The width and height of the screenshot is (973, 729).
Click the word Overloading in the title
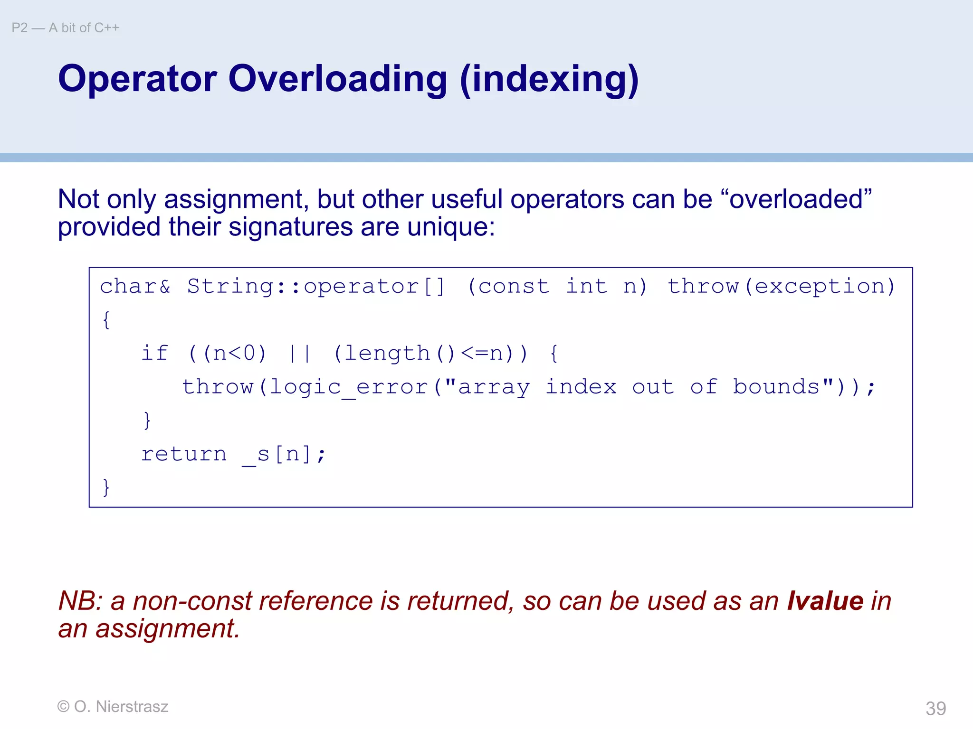click(x=337, y=79)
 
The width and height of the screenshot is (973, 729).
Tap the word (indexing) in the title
click(x=549, y=79)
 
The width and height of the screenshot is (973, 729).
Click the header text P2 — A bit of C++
click(x=65, y=28)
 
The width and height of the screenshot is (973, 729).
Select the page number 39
click(x=935, y=708)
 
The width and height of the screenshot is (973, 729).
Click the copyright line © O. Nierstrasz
click(x=113, y=707)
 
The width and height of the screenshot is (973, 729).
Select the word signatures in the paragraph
click(x=290, y=227)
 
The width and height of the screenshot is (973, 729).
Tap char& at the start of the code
click(x=135, y=286)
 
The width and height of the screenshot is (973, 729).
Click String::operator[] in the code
click(x=316, y=286)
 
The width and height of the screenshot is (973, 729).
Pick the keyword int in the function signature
click(x=586, y=286)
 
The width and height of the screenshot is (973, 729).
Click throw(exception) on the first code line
click(x=781, y=286)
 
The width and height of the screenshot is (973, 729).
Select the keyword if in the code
click(x=154, y=353)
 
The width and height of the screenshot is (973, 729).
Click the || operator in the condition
click(x=300, y=353)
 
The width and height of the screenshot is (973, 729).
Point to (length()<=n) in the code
click(x=430, y=353)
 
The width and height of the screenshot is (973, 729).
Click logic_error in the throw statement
click(x=349, y=387)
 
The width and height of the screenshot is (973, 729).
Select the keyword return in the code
click(x=184, y=454)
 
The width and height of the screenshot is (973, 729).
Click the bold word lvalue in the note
click(x=825, y=601)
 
